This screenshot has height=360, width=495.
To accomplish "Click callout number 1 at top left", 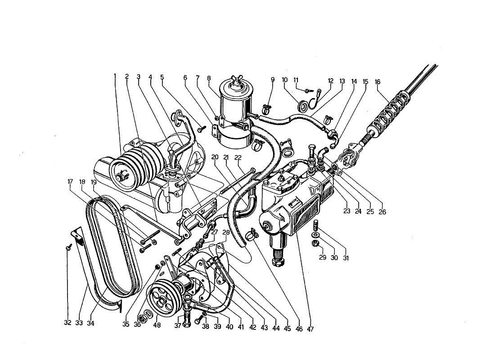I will click(115, 76).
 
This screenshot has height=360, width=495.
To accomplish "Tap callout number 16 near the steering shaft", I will click(377, 82).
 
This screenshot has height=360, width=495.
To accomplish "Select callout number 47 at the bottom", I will click(310, 329).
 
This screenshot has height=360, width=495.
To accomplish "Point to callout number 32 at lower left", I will click(68, 323).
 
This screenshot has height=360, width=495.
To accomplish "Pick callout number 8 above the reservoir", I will click(209, 78).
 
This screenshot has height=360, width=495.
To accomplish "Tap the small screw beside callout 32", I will click(68, 246).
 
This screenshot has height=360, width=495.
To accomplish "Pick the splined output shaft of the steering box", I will click(278, 259).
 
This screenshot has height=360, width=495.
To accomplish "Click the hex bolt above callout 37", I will click(187, 310).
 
